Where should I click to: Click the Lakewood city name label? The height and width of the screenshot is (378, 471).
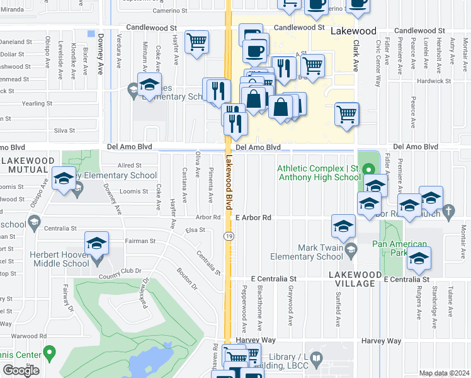coord(353,31)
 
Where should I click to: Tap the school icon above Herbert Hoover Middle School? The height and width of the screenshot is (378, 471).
coord(96,243)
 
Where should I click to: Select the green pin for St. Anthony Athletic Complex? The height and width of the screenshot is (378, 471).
coord(370,168)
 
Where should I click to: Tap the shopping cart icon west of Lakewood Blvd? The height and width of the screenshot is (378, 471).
coord(197,43)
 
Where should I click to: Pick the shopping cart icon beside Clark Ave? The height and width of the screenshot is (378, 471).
coord(346,115)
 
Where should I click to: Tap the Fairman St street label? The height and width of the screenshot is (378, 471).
coord(140,241)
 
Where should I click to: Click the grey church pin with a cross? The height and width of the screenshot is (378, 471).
coord(448,212)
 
